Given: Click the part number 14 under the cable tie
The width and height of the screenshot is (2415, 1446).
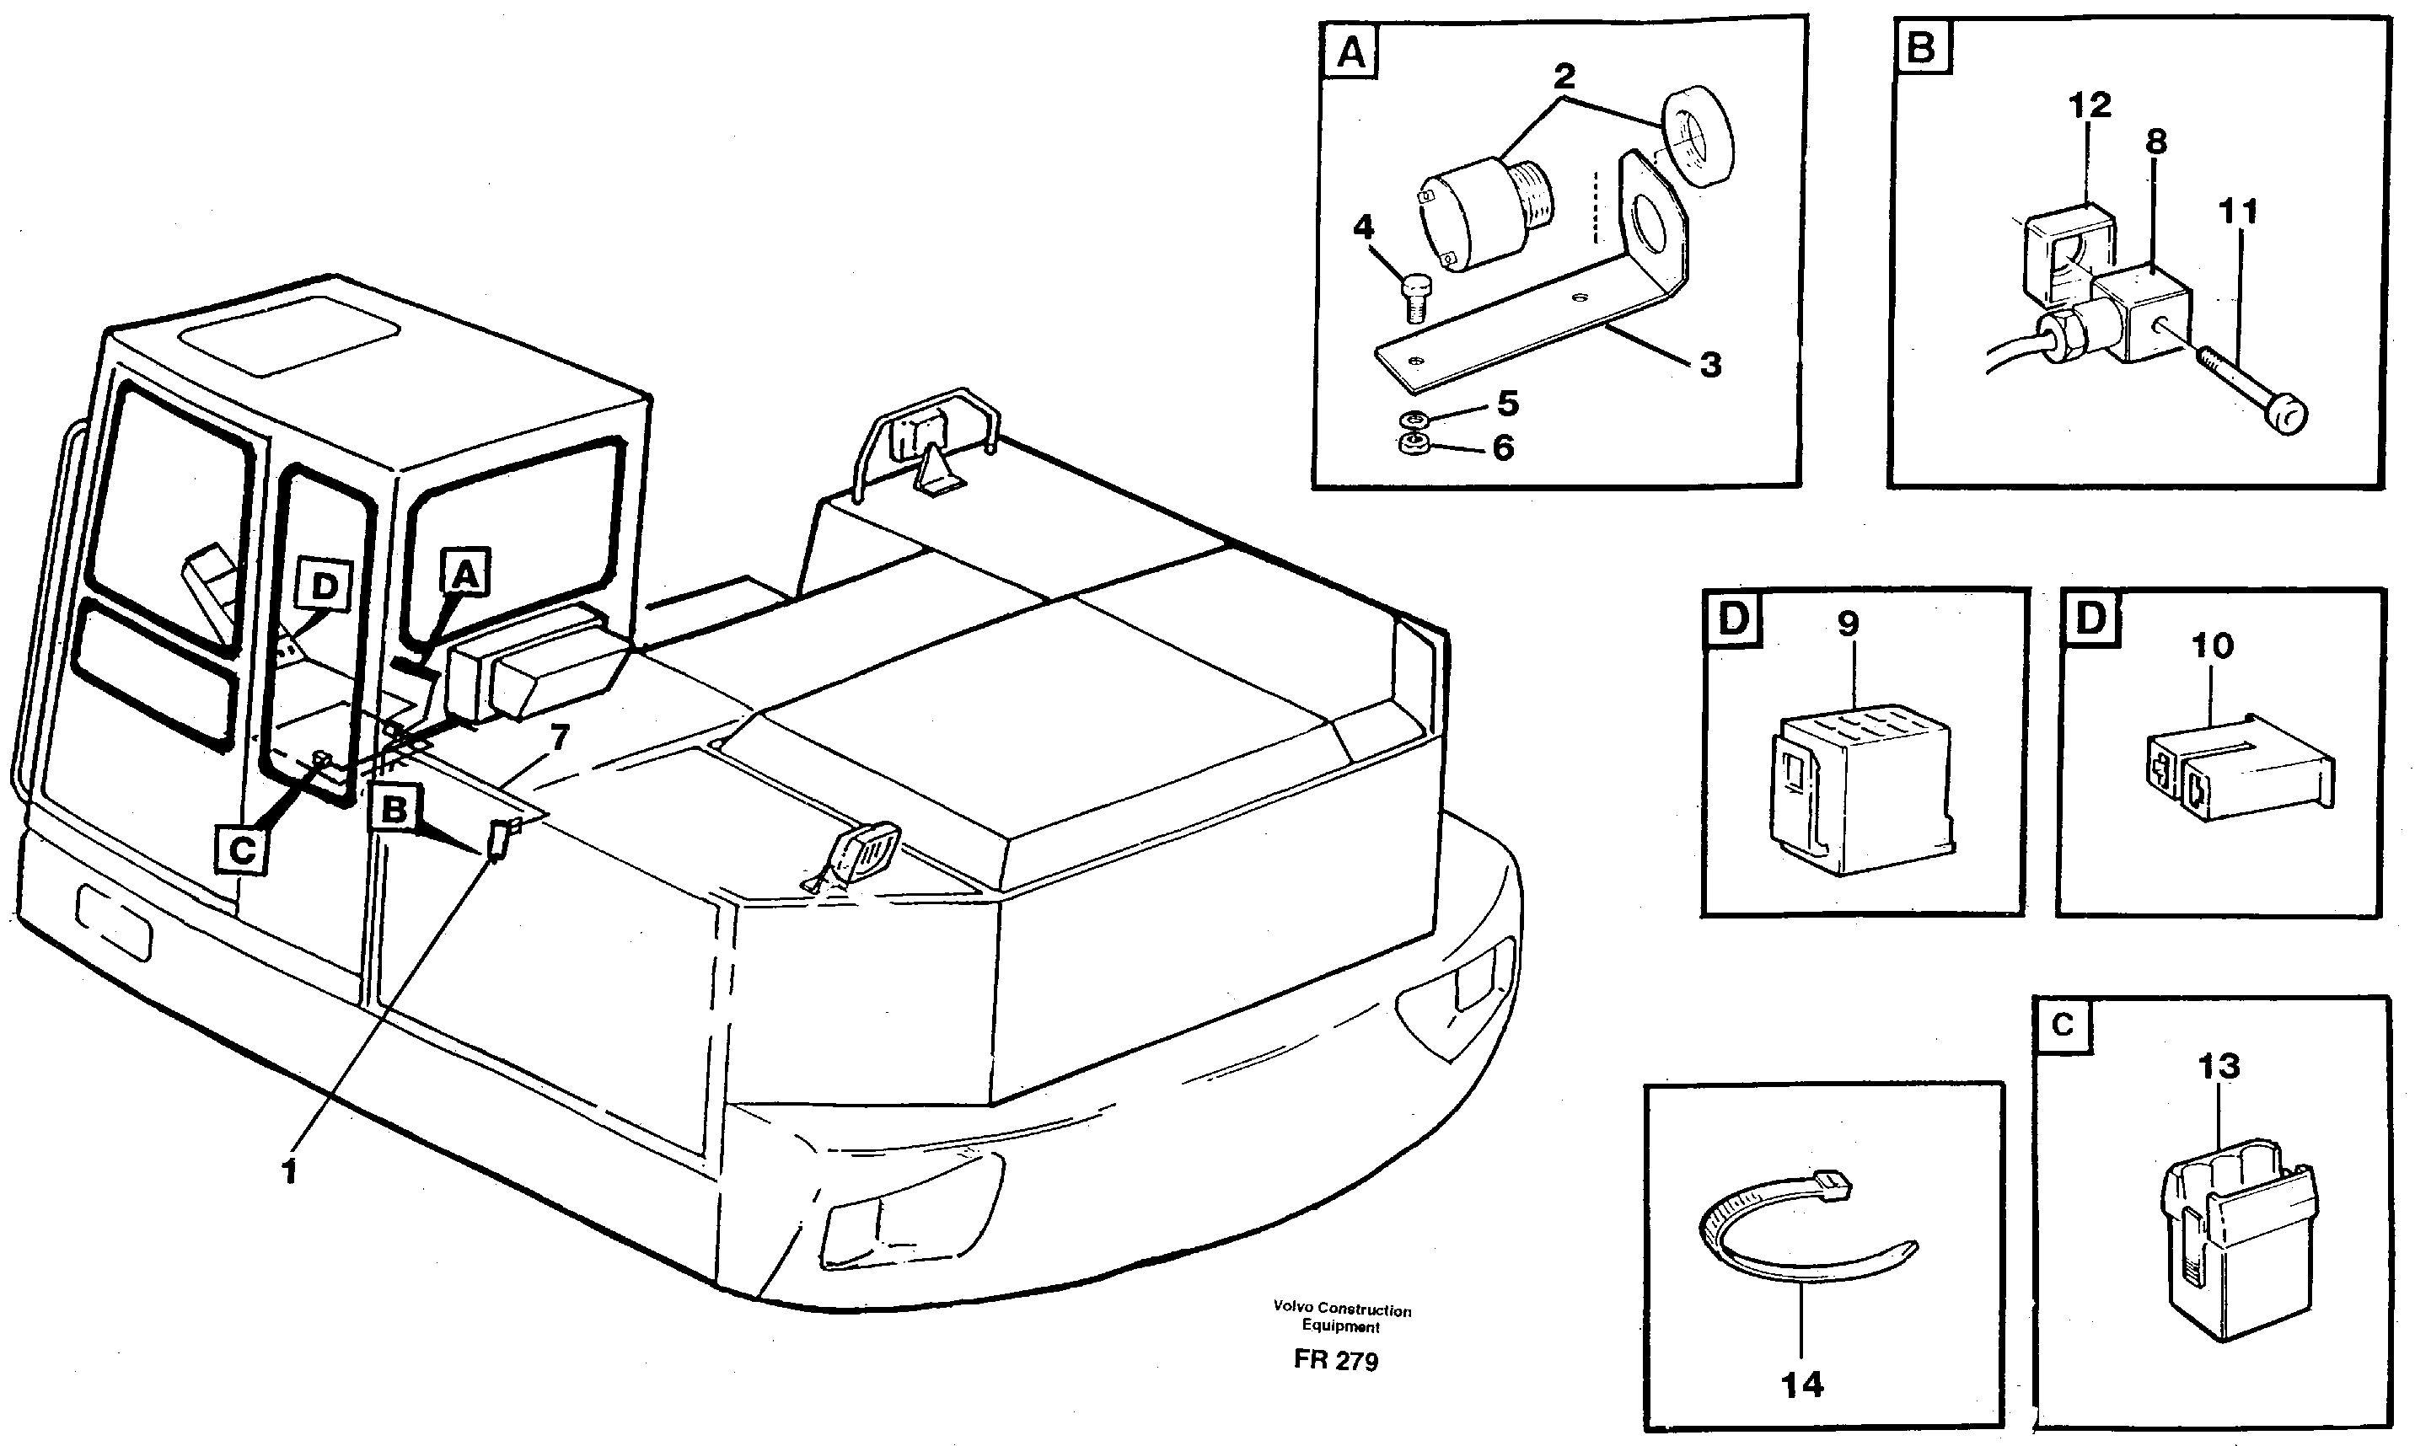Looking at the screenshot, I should (1802, 1384).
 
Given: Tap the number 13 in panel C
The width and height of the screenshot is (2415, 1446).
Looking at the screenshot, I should (2218, 1066).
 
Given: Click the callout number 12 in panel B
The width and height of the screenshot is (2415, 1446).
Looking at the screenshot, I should (2090, 104).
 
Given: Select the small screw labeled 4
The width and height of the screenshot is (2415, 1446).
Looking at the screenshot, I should (1415, 297).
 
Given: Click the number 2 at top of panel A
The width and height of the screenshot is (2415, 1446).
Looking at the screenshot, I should (1564, 75).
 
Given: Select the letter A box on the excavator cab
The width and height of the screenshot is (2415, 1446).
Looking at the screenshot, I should (464, 574).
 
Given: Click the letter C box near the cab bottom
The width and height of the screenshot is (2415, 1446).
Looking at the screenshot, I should (241, 849).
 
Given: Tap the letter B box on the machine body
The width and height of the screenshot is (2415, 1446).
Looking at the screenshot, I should (394, 809).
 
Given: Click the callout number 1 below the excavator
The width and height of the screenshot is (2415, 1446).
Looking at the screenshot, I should (288, 1172).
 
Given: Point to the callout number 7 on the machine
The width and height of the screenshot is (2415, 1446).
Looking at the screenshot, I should (560, 737).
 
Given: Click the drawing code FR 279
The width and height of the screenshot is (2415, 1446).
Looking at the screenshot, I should (1335, 1360).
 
